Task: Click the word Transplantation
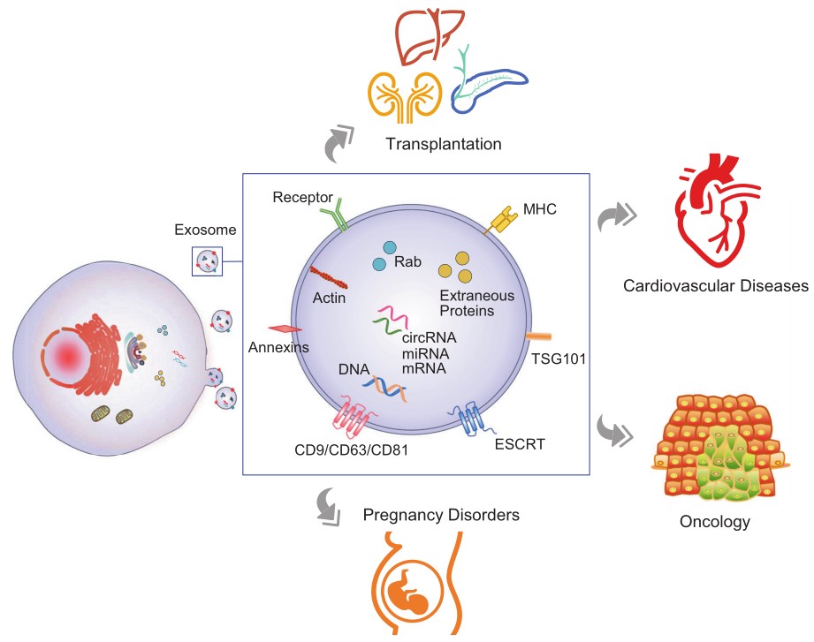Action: pos(443,143)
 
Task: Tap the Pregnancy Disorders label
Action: pos(441,514)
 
